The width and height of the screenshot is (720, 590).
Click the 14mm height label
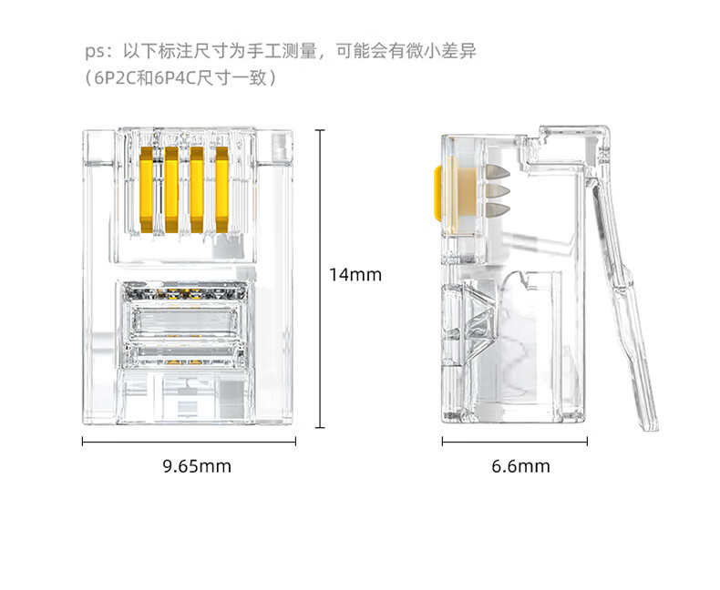click(355, 274)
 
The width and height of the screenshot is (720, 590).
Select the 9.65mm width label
click(197, 466)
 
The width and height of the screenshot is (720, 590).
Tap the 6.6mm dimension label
click(520, 466)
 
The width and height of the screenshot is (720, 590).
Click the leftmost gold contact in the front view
click(146, 189)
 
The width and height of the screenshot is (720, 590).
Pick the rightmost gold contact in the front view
click(221, 189)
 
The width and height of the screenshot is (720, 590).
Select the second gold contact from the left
click(171, 189)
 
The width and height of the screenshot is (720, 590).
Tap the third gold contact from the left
click(197, 189)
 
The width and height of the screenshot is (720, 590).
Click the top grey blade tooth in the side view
click(498, 171)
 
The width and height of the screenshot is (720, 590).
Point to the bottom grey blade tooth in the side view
click(498, 210)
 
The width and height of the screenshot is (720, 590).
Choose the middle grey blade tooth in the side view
click(498, 191)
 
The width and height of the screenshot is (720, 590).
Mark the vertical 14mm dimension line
click(320, 279)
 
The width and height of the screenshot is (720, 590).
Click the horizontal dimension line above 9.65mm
click(189, 442)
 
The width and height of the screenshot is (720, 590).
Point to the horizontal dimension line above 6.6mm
click(515, 442)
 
